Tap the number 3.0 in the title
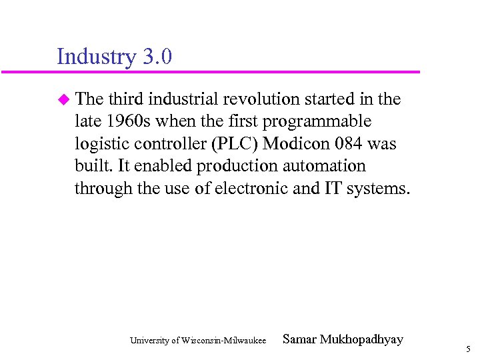tap(157, 57)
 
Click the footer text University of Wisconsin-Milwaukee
tap(198, 341)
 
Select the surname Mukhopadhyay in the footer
tap(362, 339)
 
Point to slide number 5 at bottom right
tap(468, 349)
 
